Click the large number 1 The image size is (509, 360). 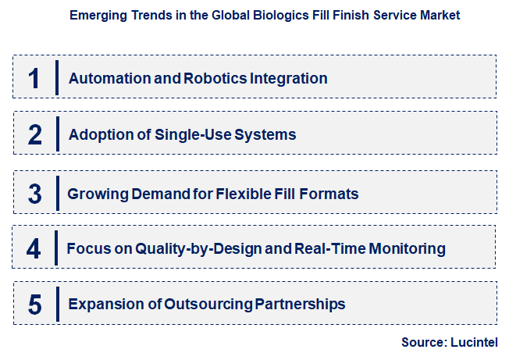34,78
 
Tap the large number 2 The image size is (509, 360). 34,134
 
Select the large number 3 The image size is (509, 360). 34,192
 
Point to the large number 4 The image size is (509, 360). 34,248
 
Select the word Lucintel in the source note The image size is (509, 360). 472,342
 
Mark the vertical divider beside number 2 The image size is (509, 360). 57,134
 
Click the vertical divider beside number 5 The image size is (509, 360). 57,304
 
